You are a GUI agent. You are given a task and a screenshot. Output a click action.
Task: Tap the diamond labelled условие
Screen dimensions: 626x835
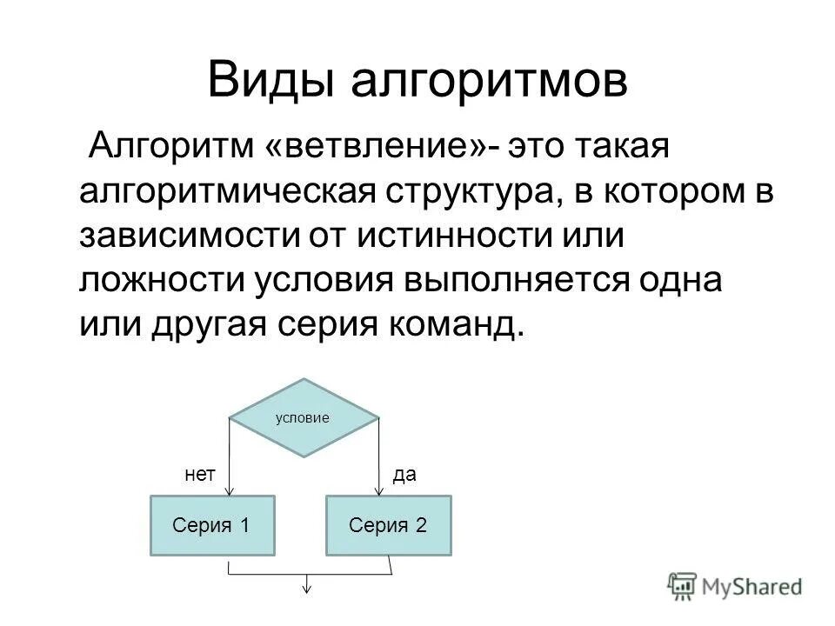[x=304, y=417]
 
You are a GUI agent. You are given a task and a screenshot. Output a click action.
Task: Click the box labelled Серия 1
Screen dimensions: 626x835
[x=213, y=525]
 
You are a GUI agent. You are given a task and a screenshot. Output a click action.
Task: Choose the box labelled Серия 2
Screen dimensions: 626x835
[x=389, y=525]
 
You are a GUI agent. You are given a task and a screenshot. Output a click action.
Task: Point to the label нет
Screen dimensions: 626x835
[x=199, y=474]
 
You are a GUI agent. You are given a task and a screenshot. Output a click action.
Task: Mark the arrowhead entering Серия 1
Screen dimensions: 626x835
[x=230, y=491]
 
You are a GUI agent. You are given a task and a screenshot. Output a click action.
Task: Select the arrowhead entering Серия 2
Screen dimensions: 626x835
[x=379, y=491]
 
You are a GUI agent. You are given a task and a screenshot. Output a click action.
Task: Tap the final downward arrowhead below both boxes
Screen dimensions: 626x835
[x=306, y=589]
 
